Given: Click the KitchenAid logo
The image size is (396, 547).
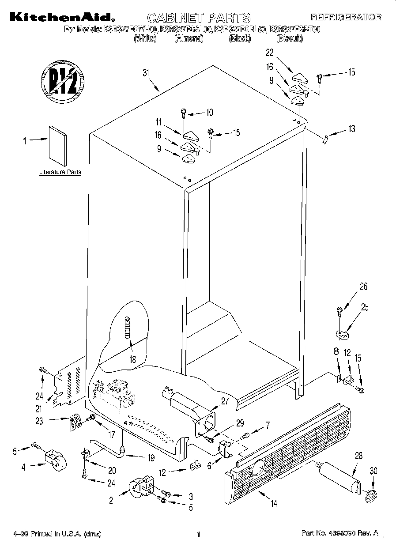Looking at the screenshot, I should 60,18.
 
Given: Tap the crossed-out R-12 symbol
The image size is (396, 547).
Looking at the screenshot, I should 62,82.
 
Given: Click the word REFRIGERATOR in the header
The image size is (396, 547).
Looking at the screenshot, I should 346,18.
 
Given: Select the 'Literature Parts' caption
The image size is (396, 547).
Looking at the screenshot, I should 60,172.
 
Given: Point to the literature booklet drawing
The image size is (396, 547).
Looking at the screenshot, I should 57,143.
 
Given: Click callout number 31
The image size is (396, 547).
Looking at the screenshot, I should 147,73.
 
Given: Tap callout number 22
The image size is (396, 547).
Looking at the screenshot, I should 270,53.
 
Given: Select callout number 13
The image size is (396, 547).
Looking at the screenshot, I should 351,129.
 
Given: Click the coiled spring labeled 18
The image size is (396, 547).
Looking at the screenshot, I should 128,328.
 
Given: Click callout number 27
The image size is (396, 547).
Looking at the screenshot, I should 226,401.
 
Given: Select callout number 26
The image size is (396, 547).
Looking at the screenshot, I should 363,286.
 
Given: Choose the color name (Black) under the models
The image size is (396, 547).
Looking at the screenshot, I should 240,39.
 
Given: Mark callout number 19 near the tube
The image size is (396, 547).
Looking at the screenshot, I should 151,458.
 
